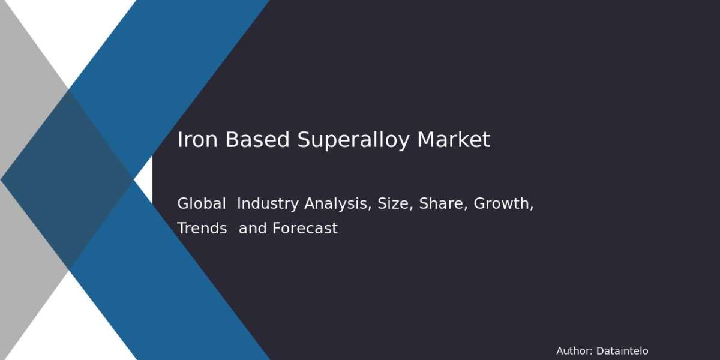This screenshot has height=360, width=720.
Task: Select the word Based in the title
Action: point(257,140)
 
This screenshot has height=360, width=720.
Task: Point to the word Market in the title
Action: point(454,140)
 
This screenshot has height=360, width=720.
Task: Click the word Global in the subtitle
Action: point(202,203)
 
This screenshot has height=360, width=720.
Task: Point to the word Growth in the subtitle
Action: point(502,203)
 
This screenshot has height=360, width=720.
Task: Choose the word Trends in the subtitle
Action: point(202,228)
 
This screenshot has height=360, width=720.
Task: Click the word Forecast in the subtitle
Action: point(305,228)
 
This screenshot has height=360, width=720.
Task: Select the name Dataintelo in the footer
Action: point(622,350)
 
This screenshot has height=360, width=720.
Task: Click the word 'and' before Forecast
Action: point(253,228)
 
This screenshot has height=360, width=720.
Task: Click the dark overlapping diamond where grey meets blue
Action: point(67,179)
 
